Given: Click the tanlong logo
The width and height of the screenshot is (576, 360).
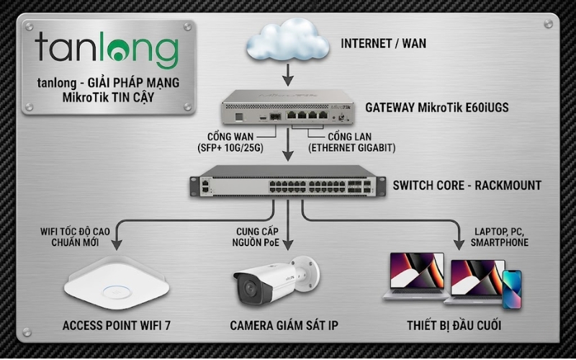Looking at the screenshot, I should point(107,49).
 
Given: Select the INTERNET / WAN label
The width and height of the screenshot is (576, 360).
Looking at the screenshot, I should point(383,43).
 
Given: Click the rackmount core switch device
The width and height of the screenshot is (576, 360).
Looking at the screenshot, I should point(287,185).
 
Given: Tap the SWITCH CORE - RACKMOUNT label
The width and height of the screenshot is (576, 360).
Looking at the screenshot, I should point(467,185).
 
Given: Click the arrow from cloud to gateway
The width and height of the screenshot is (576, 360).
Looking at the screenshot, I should point(287,73).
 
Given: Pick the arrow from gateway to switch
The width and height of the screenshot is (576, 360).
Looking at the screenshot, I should point(287,151).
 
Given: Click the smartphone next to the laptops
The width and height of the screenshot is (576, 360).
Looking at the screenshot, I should point(511,289).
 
